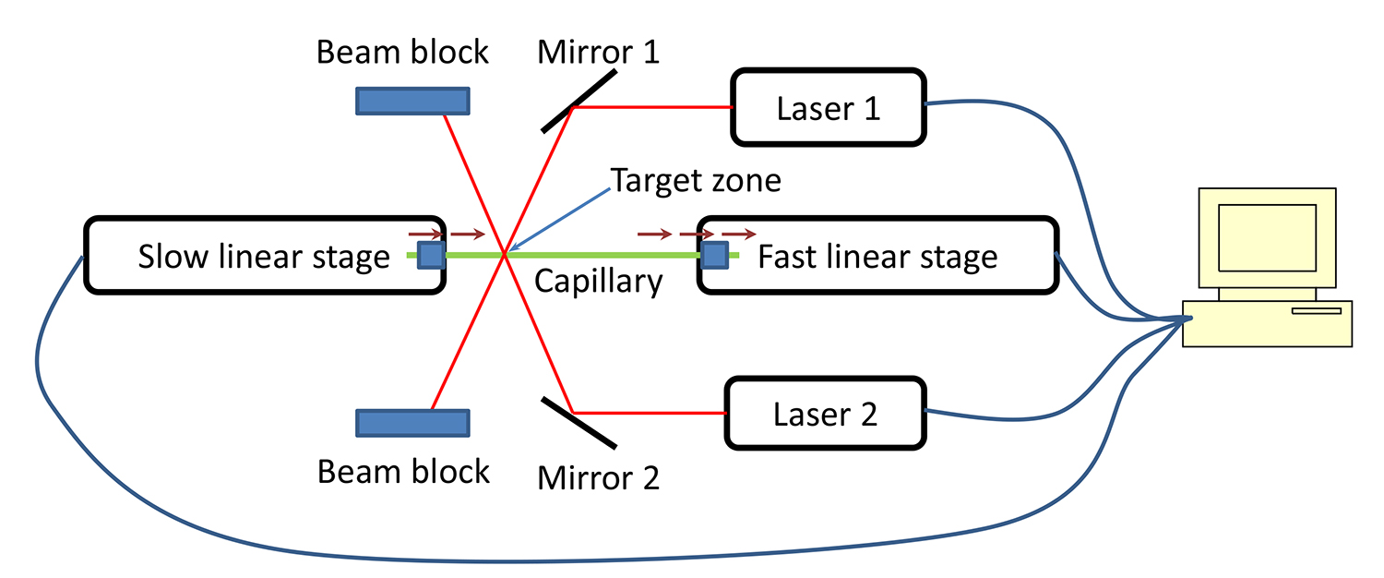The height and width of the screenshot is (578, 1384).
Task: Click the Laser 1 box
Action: (x=829, y=107)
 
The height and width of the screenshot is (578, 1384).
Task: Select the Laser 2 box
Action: (x=825, y=414)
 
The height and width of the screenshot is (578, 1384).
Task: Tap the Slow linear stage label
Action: (x=264, y=257)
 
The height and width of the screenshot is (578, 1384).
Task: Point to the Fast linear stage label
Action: (x=877, y=257)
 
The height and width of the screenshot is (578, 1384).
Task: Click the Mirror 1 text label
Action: (x=599, y=52)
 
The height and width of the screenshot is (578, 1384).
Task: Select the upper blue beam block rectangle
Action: (x=412, y=101)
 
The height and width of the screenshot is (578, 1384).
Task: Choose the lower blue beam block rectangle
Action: (x=412, y=423)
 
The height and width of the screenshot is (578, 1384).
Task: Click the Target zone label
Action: (x=696, y=180)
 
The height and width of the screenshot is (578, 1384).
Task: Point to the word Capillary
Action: (x=599, y=281)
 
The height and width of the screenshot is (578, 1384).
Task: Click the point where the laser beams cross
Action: (x=505, y=254)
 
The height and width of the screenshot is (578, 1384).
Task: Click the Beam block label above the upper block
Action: (x=402, y=52)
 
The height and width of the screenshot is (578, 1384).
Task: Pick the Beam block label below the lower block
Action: (x=403, y=471)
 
